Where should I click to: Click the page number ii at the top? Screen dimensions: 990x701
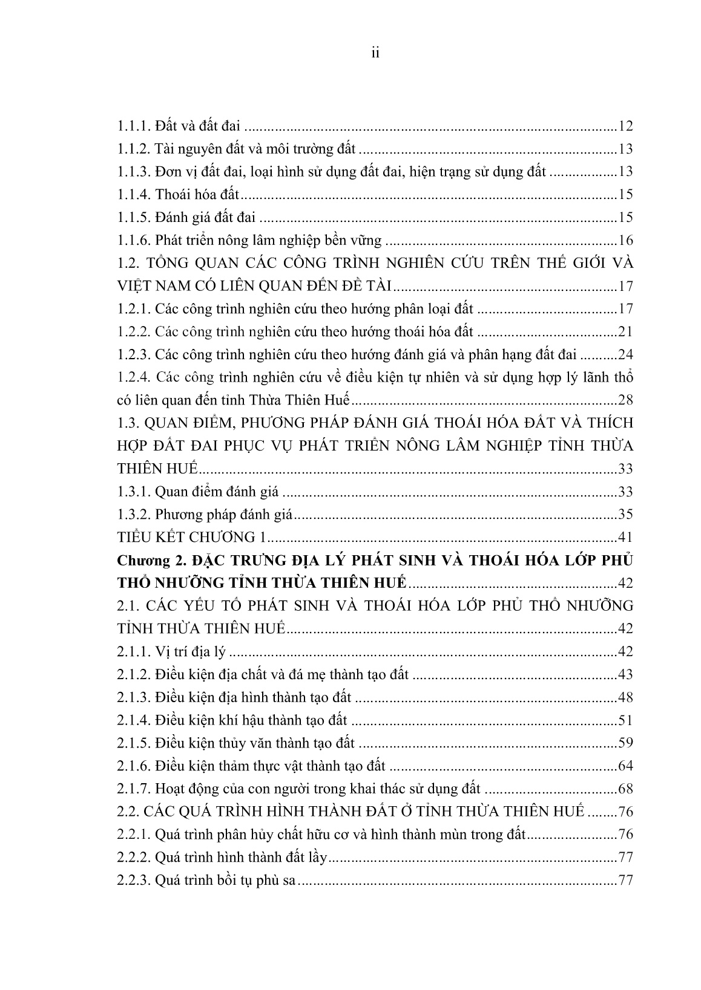[x=375, y=54]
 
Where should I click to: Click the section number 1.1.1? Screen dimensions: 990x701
[x=134, y=126]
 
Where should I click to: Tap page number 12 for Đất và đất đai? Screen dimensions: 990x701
[x=625, y=126]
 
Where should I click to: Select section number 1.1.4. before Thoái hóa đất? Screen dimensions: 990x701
[x=134, y=195]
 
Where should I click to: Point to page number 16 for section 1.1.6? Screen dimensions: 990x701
[x=625, y=241]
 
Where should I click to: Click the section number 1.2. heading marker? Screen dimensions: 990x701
[x=128, y=264]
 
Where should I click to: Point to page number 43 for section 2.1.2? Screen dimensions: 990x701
[x=625, y=675]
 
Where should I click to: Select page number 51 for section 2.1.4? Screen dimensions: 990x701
[x=625, y=720]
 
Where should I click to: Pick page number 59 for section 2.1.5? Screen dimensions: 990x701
[x=625, y=743]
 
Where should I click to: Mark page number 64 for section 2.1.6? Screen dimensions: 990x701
[x=625, y=766]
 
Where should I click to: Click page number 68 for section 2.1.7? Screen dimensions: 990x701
[x=625, y=789]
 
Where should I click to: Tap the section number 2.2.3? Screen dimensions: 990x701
[x=134, y=881]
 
